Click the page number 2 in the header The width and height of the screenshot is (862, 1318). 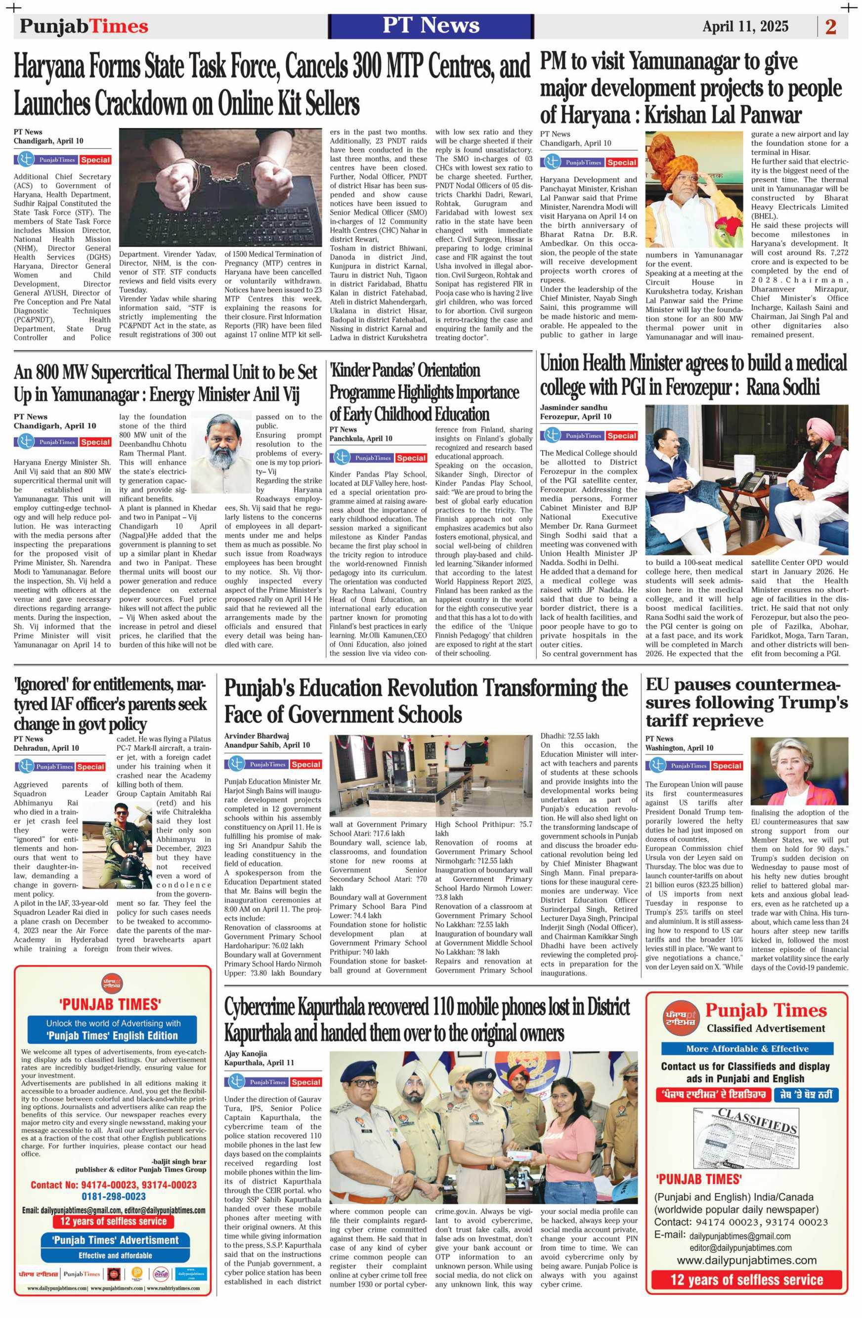(x=830, y=27)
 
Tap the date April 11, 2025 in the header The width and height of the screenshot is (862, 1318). (x=745, y=26)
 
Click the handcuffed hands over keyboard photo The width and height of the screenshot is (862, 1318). (x=220, y=188)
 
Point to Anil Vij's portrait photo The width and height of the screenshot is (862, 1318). (x=220, y=453)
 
